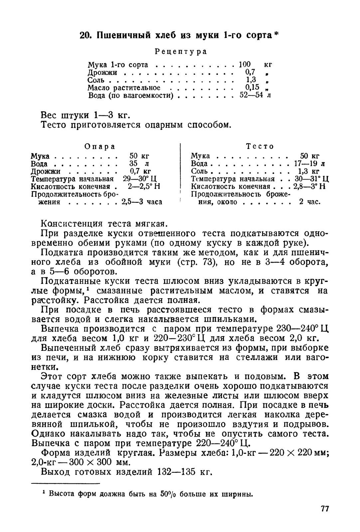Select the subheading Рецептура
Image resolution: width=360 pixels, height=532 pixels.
pos(181,52)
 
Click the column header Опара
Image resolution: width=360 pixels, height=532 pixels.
pos(100,146)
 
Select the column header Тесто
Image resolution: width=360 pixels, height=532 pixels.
pos(260,146)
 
